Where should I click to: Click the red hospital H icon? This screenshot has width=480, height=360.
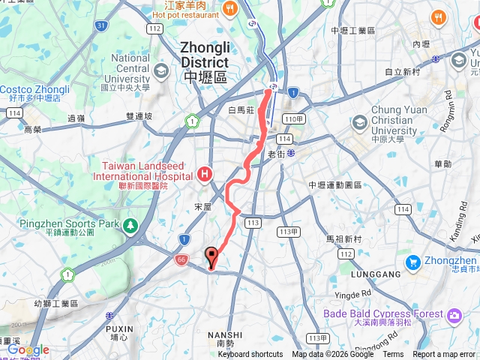tap(205, 175)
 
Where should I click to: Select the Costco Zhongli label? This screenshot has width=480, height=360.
tap(34, 89)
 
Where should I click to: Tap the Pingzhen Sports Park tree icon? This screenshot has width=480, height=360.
tap(131, 224)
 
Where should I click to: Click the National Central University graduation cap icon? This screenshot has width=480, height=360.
tap(160, 70)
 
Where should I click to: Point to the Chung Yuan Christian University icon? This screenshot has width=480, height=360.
tap(360, 121)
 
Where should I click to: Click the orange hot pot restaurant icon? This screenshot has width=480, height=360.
tap(229, 9)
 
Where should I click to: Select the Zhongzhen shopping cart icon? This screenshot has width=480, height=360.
tap(412, 262)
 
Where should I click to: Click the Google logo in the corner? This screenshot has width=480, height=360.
tap(28, 350)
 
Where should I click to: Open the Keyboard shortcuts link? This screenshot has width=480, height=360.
tap(250, 355)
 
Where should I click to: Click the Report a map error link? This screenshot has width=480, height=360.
tap(444, 355)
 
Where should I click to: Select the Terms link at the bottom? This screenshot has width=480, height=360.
tap(393, 355)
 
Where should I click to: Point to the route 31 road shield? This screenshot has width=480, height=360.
tap(100, 25)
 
